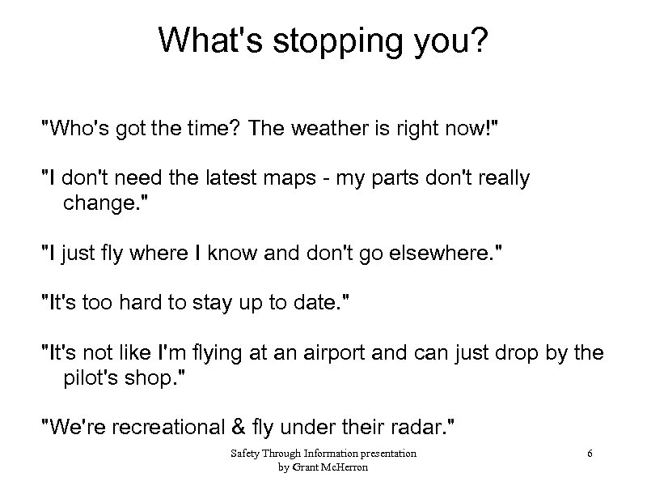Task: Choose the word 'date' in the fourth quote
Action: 323,305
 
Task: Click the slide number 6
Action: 590,454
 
